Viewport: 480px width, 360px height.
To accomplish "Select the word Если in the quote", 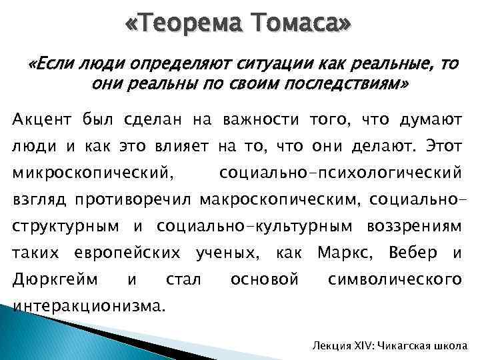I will pos(55,65).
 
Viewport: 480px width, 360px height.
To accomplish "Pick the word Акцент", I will pos(44,119).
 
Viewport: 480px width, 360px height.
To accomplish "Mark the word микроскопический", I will pos(94,173).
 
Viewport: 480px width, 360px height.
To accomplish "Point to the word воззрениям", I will pos(414,226).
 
